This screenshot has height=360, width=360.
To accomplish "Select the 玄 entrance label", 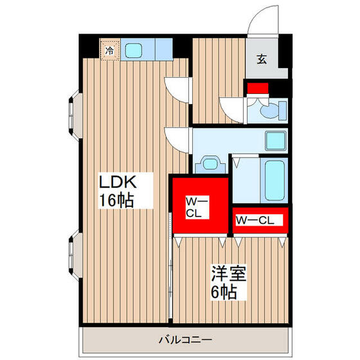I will pos(262,60).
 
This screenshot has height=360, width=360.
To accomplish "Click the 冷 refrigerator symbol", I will pos(109,49).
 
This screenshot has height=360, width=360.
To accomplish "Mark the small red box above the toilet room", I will pos(258,88).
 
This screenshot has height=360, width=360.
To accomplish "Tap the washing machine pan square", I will pos(276,139).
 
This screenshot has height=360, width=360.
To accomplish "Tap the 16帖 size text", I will pos(116,200).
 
